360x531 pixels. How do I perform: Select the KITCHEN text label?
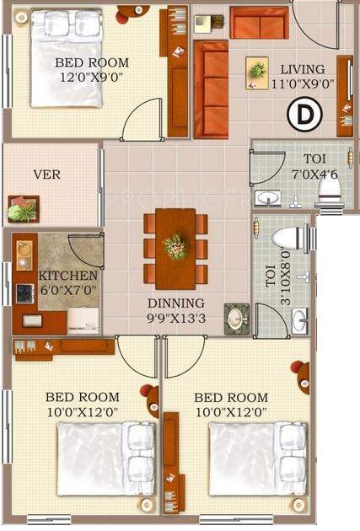click(x=68, y=276)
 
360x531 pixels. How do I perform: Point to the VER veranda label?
click(x=47, y=175)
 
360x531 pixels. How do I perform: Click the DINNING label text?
click(x=175, y=303)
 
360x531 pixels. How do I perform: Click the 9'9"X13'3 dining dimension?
click(x=175, y=319)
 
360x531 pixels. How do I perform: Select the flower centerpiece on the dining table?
click(x=175, y=246)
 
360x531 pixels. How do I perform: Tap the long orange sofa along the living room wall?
click(x=211, y=88)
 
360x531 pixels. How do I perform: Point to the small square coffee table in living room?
click(x=258, y=73)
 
